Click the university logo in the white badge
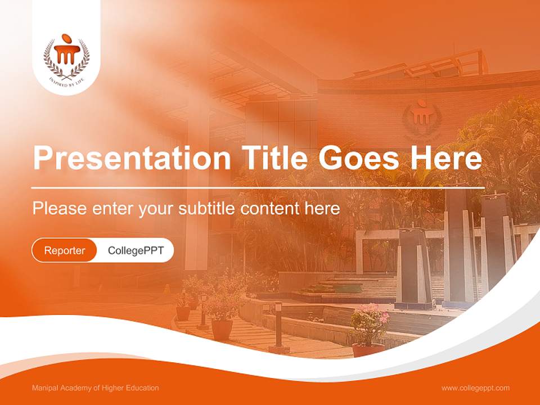pos(66,56)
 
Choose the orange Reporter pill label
pos(65,250)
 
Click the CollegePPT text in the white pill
pos(136,250)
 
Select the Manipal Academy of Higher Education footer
pos(95,388)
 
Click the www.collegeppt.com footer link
pos(475,388)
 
